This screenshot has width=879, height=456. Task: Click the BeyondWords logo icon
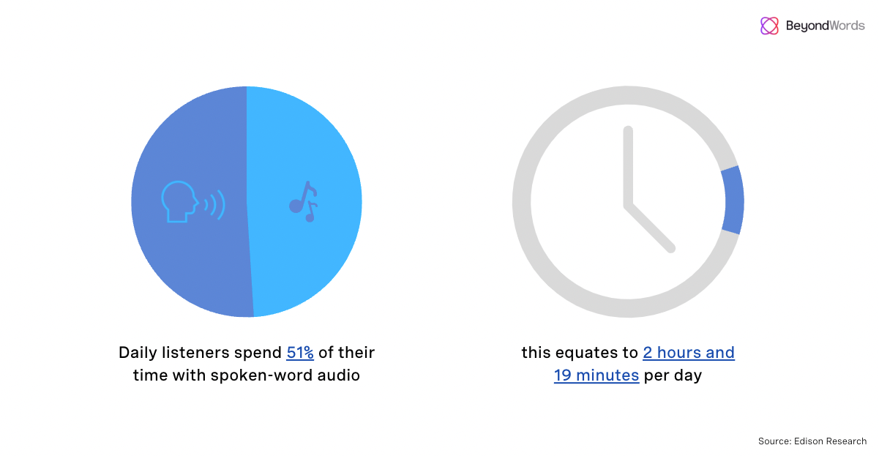769,26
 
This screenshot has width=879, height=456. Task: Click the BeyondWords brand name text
825,26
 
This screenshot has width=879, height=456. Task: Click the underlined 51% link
300,353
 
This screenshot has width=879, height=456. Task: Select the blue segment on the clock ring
732,201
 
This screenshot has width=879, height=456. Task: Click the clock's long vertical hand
627,165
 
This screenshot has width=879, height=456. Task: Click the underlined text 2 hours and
689,353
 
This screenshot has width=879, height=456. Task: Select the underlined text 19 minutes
596,376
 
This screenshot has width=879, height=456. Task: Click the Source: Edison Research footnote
812,441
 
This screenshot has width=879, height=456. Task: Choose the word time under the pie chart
149,376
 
